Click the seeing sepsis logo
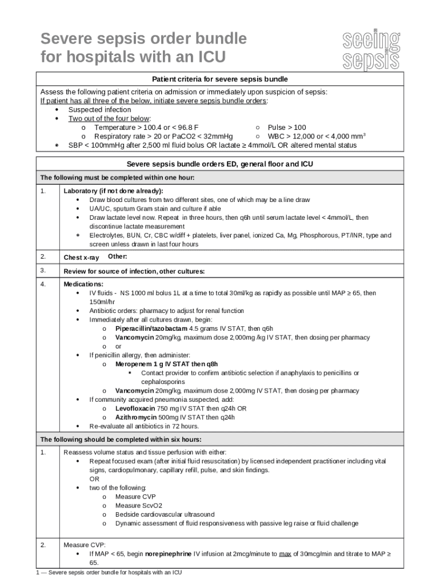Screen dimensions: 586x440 pyautogui.click(x=371, y=51)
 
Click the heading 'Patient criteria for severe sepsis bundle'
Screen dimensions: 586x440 pyautogui.click(x=220, y=79)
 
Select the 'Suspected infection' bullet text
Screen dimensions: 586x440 pyautogui.click(x=99, y=109)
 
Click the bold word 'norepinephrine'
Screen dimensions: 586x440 pyautogui.click(x=169, y=554)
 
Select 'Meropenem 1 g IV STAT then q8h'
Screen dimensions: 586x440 pyautogui.click(x=166, y=364)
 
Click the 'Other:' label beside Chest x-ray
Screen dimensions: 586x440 pyautogui.click(x=117, y=256)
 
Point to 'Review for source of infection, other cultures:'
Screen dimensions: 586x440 pyautogui.click(x=134, y=271)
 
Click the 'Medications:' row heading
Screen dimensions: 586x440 pyautogui.click(x=83, y=284)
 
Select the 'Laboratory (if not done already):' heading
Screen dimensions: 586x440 pyautogui.click(x=113, y=191)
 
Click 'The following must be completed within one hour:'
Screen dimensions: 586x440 pyautogui.click(x=117, y=178)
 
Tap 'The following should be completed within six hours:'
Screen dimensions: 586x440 pyautogui.click(x=120, y=439)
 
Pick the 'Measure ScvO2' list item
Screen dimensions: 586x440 pyautogui.click(x=138, y=506)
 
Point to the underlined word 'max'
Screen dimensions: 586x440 pyautogui.click(x=285, y=554)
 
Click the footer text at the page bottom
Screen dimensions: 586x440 pyautogui.click(x=108, y=572)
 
